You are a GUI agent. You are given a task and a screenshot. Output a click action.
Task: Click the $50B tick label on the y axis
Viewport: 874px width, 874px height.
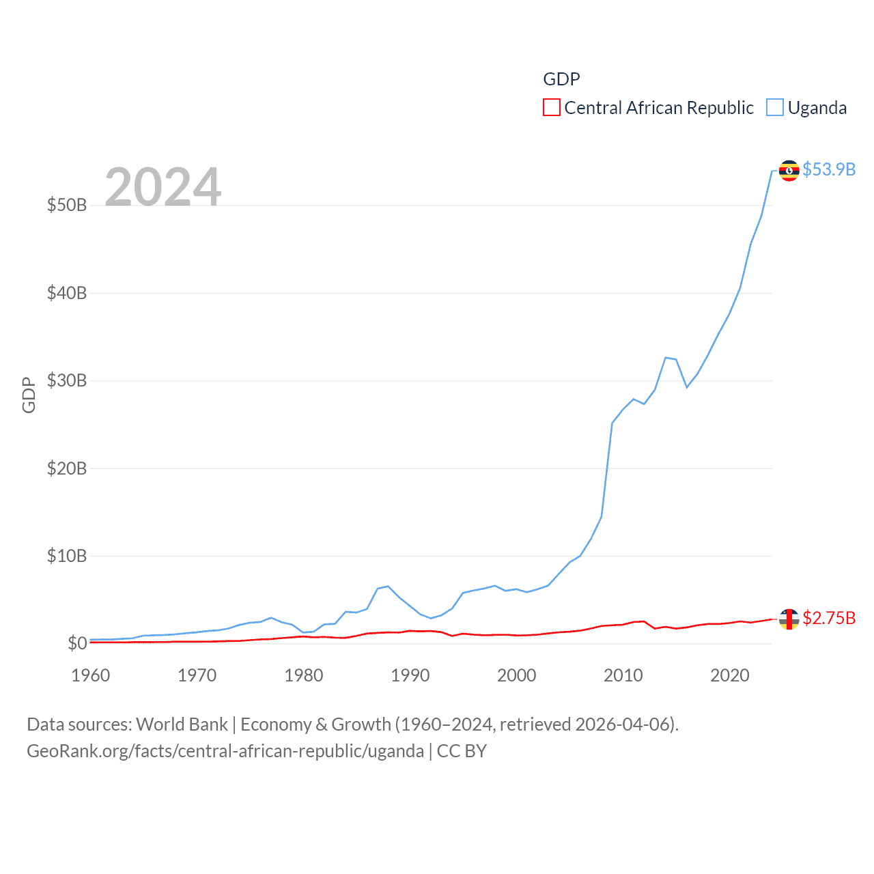(x=67, y=205)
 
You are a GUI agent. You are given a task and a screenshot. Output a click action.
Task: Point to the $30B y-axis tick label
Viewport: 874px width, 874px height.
(x=67, y=380)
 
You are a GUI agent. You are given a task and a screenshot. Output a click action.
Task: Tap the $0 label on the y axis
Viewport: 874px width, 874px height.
(x=77, y=643)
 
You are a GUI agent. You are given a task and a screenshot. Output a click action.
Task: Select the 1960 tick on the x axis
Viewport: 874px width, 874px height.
(x=91, y=675)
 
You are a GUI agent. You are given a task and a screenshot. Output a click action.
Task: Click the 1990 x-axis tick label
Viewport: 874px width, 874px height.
(x=410, y=675)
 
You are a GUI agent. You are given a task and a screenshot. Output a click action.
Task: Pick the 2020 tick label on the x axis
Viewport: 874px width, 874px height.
(x=730, y=675)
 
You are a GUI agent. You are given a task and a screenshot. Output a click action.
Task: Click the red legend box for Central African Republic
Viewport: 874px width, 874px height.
(x=552, y=108)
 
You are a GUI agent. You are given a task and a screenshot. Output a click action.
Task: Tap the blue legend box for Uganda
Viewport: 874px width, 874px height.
(x=775, y=108)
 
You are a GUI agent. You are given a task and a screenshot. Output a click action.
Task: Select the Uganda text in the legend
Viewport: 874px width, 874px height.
(x=817, y=108)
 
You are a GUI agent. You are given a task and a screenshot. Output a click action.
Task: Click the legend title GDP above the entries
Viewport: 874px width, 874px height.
(x=561, y=79)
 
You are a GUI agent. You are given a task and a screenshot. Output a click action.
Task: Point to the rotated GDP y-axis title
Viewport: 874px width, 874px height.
(x=29, y=395)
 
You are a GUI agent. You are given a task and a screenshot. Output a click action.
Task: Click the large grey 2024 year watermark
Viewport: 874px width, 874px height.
(x=163, y=186)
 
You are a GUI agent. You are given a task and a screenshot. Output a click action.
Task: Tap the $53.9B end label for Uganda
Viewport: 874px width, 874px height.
(x=829, y=169)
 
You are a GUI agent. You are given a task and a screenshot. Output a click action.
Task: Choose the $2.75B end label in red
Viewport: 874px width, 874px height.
(x=829, y=618)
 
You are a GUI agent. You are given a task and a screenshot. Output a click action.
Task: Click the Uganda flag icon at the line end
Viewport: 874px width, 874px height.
(x=789, y=170)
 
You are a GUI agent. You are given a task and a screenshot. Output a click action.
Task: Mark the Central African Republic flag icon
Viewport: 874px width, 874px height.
(x=789, y=619)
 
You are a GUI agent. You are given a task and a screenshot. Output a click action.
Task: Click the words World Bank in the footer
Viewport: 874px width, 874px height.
(x=182, y=724)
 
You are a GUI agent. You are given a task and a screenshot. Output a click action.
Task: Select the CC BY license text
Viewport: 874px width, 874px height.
(x=462, y=751)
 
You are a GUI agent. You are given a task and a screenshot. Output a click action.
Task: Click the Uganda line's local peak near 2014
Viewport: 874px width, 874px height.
(x=666, y=358)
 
